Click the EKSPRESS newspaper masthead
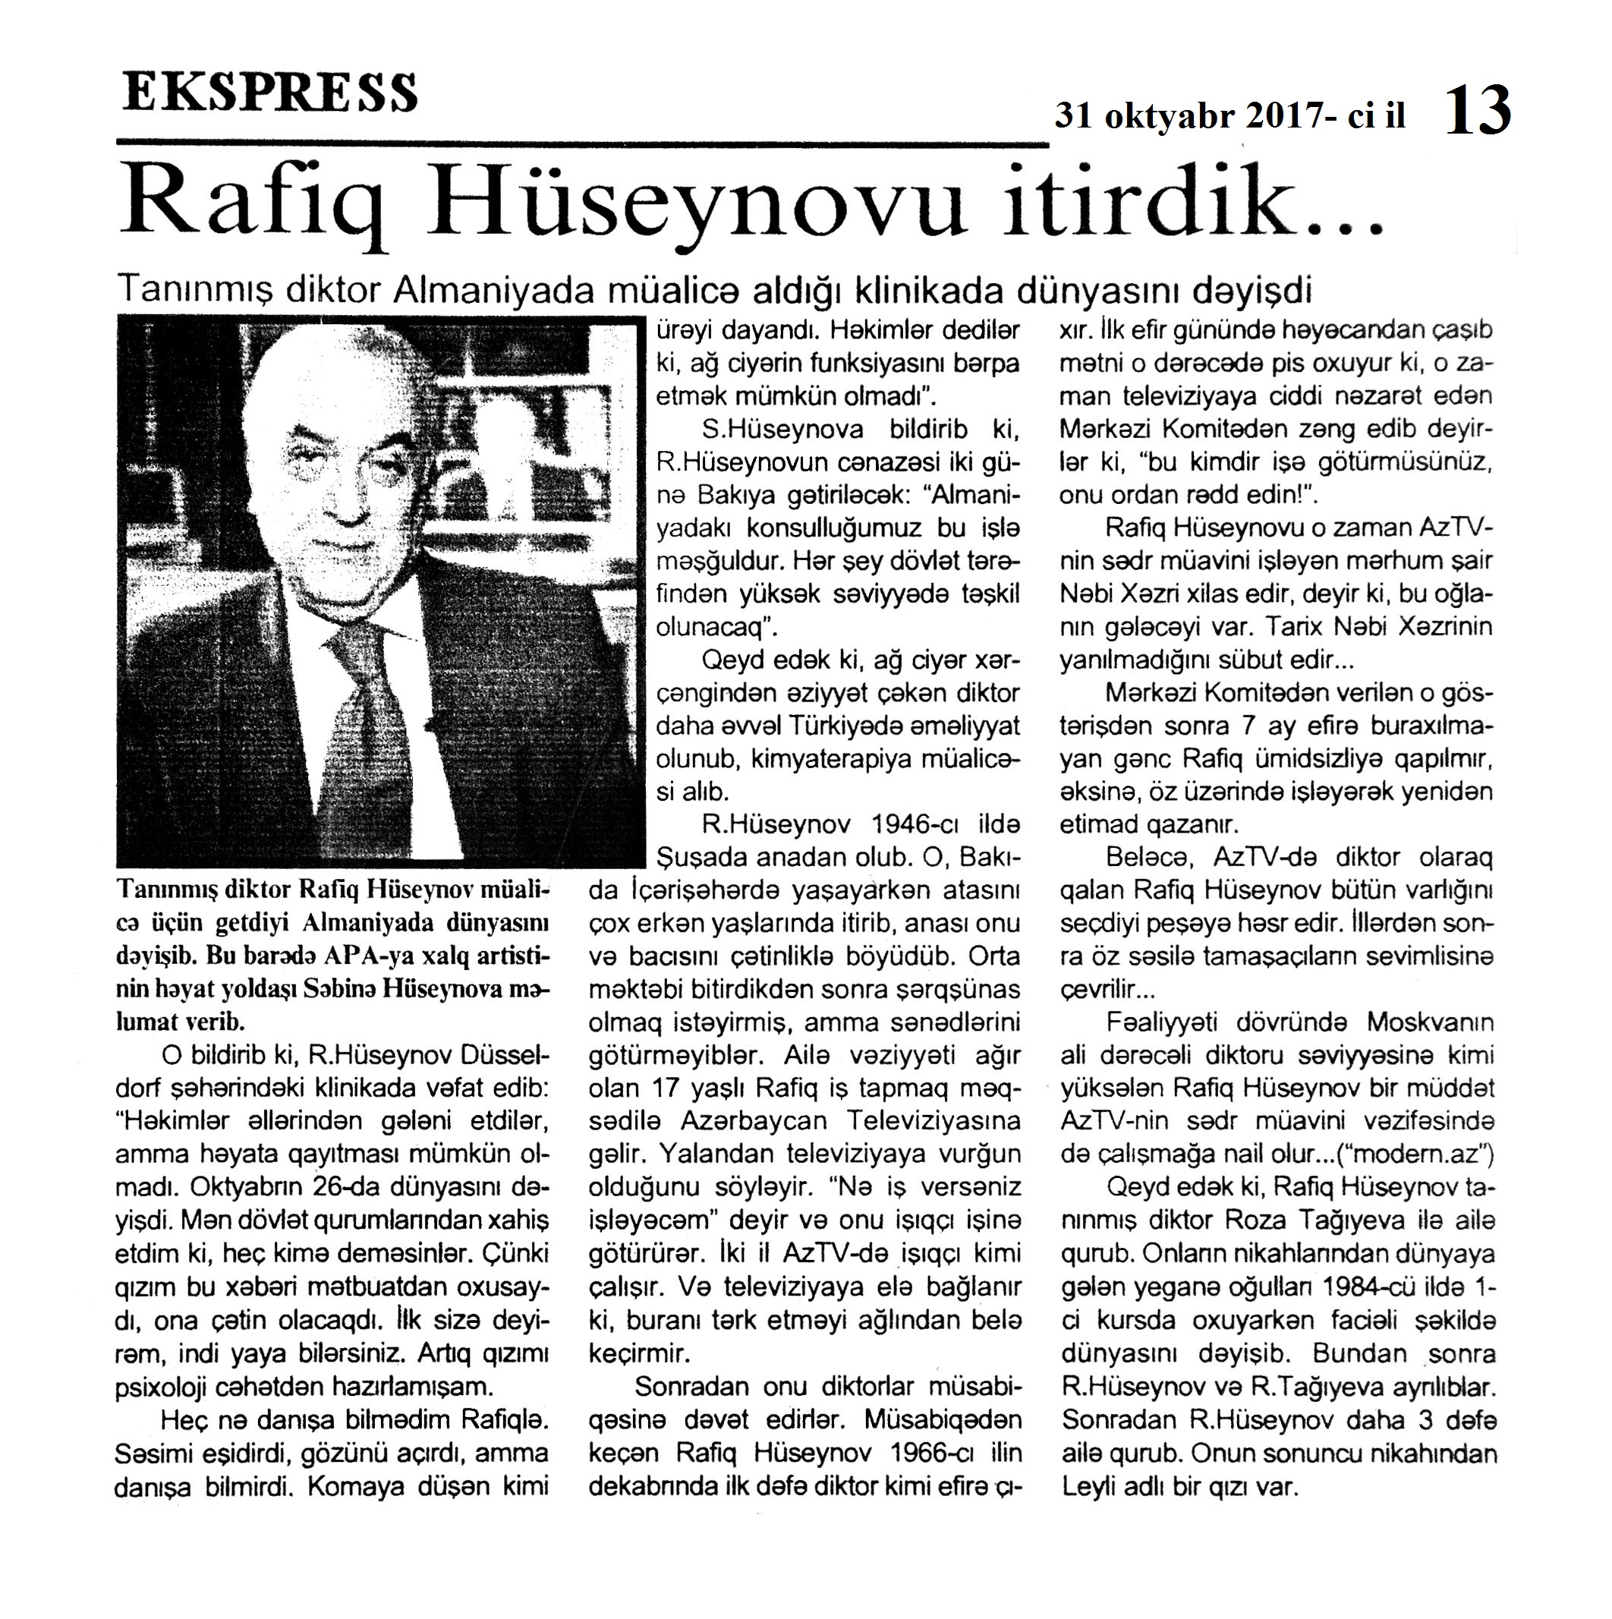tap(269, 93)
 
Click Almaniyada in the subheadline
tap(493, 290)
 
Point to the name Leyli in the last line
tap(1087, 1488)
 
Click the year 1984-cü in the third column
tap(1380, 1287)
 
